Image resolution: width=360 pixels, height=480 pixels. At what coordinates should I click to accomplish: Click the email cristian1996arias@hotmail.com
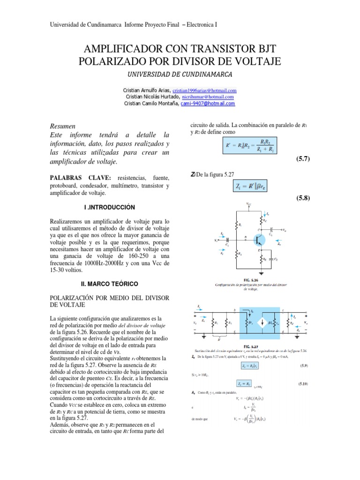(204, 90)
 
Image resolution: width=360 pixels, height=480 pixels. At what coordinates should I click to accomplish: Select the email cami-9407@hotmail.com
(208, 103)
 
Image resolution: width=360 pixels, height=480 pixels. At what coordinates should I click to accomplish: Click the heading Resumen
(63, 127)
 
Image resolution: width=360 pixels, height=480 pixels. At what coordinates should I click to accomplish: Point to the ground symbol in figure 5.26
(261, 272)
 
